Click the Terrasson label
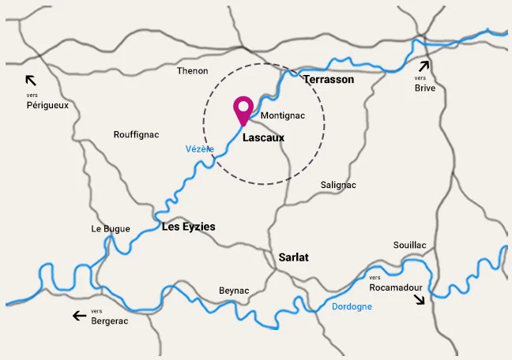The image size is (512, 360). (x=329, y=80)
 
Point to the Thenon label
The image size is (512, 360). (x=192, y=71)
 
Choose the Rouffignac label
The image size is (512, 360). (x=136, y=135)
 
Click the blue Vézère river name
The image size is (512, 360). (x=199, y=148)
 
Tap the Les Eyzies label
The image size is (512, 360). (x=188, y=227)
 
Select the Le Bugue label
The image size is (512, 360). (x=111, y=229)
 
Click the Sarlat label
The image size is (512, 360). (x=293, y=257)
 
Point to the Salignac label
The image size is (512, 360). (x=338, y=185)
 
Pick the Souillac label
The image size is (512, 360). (x=409, y=246)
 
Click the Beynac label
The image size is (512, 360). (x=234, y=291)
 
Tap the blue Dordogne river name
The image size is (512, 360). (x=352, y=306)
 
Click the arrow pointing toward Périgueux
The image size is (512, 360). (x=31, y=80)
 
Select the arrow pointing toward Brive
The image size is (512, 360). (x=425, y=66)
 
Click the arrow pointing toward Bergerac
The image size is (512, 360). (x=79, y=316)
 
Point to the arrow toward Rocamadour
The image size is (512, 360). (x=419, y=298)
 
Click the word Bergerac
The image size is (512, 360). (x=109, y=321)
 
